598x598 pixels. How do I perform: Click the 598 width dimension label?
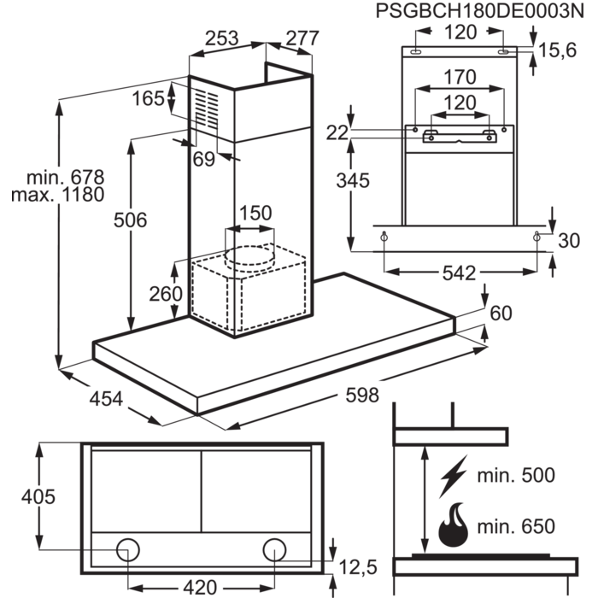point(358,394)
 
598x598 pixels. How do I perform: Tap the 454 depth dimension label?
point(106,397)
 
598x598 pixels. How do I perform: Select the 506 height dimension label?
point(131,220)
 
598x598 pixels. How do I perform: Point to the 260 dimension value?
point(165,295)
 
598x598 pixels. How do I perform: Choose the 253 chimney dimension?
point(222,38)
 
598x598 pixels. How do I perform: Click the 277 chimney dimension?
point(302,38)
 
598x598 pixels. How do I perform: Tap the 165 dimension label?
point(148,99)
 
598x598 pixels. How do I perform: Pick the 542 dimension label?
point(459,273)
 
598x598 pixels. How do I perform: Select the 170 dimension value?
point(460,77)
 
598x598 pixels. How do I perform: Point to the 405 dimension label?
point(36,496)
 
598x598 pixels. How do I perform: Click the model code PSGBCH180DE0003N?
point(484,11)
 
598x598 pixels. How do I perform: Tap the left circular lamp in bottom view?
point(128,549)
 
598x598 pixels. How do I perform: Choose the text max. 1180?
point(57,195)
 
